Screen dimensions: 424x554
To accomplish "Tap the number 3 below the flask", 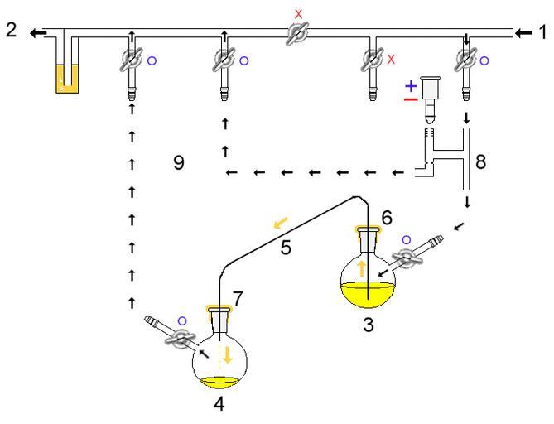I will [x=368, y=324].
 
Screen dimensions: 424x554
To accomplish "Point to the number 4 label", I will [x=219, y=407].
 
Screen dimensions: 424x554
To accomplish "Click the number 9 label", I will [x=178, y=163].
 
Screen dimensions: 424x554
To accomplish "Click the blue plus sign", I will [x=410, y=86].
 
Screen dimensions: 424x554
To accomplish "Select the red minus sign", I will [x=410, y=99].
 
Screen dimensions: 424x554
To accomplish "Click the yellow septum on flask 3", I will [x=369, y=230].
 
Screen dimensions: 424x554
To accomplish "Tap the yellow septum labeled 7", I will [x=219, y=311].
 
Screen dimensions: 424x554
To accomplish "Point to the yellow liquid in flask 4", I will [x=219, y=382].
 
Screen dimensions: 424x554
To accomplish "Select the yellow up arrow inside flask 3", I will [x=361, y=269].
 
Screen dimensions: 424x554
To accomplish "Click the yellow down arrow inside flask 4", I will [x=226, y=356].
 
